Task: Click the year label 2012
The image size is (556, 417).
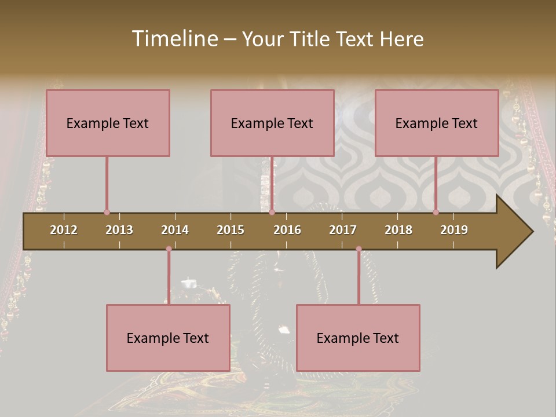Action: [64, 230]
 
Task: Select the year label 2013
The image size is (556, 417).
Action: [119, 230]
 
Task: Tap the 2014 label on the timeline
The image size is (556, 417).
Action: [175, 230]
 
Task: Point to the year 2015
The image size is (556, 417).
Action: [231, 230]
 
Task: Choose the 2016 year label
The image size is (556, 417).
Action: [287, 230]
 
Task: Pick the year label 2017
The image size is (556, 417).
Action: [343, 230]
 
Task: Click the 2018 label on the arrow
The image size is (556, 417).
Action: [398, 230]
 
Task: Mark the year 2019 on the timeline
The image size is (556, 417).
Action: [454, 230]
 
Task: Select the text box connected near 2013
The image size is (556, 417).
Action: [108, 123]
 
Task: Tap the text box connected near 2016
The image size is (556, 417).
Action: [272, 123]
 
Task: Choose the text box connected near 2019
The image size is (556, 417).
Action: [437, 123]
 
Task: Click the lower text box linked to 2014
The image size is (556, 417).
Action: [168, 338]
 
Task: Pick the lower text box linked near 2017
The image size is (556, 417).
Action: [358, 338]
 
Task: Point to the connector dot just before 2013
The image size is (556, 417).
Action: [107, 212]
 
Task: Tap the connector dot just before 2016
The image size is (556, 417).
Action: [272, 212]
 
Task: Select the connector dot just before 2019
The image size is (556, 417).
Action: [436, 212]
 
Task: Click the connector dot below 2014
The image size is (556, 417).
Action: [169, 249]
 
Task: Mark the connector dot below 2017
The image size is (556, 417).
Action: [359, 249]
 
